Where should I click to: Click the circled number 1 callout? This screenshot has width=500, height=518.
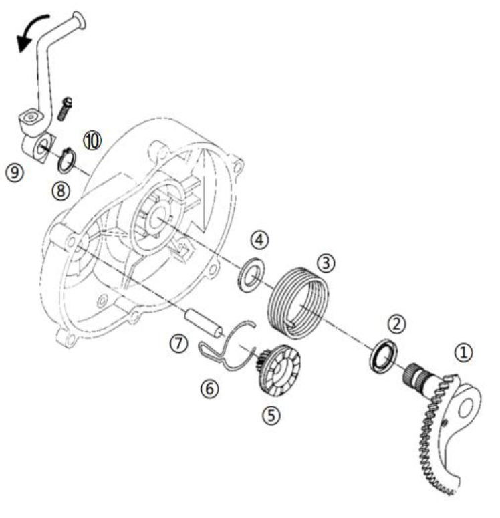[463, 352]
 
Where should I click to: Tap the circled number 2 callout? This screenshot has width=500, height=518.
[396, 323]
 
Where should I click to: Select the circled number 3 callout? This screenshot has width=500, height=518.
[326, 263]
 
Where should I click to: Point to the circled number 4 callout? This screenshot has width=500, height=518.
[259, 240]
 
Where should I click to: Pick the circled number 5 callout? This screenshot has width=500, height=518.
[271, 415]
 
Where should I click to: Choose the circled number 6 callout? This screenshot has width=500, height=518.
[209, 388]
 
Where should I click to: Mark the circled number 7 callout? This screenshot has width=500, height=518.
[178, 344]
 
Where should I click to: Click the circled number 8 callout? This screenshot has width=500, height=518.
[61, 190]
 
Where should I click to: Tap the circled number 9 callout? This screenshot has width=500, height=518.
[15, 172]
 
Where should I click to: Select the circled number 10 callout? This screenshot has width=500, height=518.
[92, 141]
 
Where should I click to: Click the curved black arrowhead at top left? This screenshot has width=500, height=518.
[24, 43]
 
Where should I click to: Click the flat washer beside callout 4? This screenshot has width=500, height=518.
[251, 274]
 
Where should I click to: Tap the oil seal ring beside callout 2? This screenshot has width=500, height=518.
[383, 356]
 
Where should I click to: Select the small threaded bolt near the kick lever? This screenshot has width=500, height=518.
[65, 109]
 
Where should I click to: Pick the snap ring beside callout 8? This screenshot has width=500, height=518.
[67, 160]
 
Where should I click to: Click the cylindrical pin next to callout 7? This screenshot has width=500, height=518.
[203, 323]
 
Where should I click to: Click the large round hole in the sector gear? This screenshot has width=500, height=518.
[465, 408]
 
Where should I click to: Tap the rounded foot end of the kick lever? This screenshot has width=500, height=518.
[80, 21]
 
